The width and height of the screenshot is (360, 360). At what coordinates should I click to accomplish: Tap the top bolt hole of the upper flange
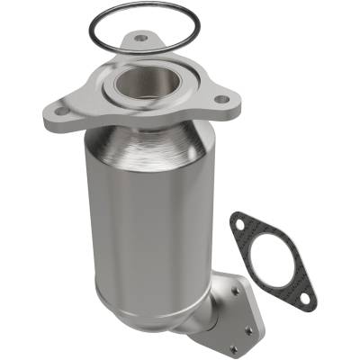pyautogui.click(x=139, y=39)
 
